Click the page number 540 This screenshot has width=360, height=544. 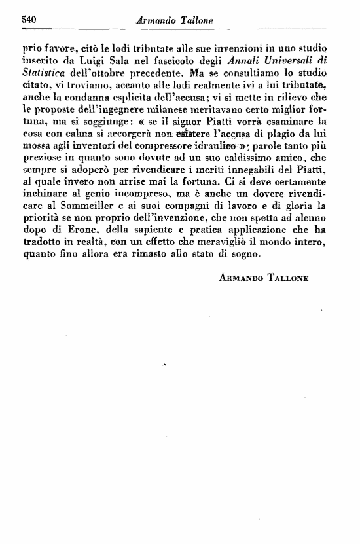pyautogui.click(x=28, y=20)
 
